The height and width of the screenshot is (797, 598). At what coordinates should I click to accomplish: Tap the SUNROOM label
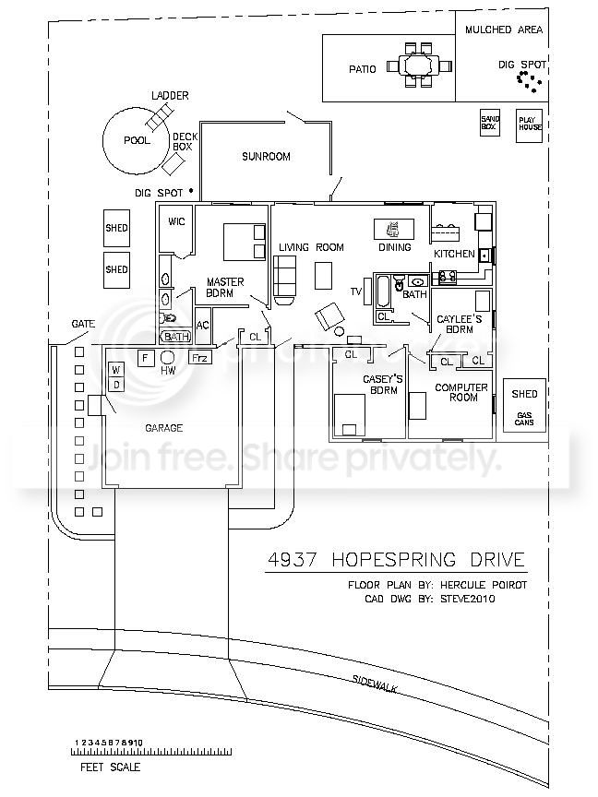pyautogui.click(x=266, y=157)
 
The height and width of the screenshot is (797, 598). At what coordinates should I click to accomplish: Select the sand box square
pyautogui.click(x=490, y=123)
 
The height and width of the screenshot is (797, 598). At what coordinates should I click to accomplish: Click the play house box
pyautogui.click(x=529, y=124)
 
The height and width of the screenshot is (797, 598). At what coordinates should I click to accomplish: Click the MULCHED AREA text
pyautogui.click(x=503, y=30)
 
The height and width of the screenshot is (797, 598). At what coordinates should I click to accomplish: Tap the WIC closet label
pyautogui.click(x=176, y=221)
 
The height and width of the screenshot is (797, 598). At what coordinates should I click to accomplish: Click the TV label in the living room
pyautogui.click(x=355, y=291)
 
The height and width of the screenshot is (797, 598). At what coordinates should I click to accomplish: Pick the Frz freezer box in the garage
pyautogui.click(x=199, y=357)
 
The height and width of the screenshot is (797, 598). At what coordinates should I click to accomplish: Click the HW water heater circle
pyautogui.click(x=168, y=358)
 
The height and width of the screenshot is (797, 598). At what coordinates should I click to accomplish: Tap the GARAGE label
pyautogui.click(x=164, y=428)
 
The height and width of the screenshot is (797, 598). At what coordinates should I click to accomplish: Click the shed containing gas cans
pyautogui.click(x=524, y=406)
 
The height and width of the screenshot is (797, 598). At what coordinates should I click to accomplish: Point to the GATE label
pyautogui.click(x=84, y=325)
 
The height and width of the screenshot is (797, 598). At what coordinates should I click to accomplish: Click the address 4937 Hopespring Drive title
pyautogui.click(x=395, y=560)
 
